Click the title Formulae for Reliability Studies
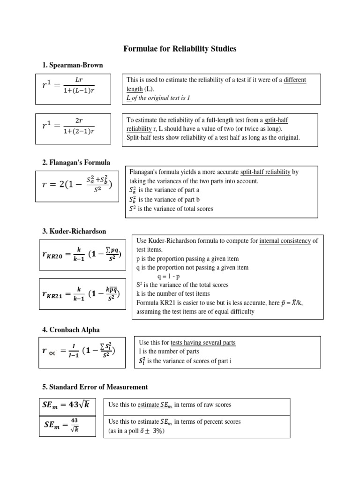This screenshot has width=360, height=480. click(180, 49)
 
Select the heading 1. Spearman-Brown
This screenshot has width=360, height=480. click(73, 65)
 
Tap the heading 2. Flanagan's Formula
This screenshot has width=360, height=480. click(76, 163)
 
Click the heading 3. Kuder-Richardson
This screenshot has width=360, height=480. click(74, 231)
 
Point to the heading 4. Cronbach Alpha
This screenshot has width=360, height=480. click(71, 330)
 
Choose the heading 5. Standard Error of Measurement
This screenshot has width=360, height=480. click(95, 387)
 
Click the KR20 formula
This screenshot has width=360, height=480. click(81, 255)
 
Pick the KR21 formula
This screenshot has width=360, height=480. click(81, 294)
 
